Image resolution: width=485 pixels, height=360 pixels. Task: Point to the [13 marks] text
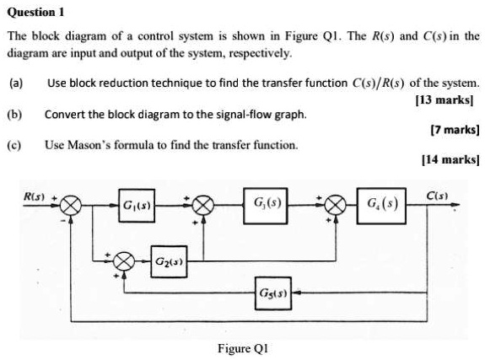click(448, 99)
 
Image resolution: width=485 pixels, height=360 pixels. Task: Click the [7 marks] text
click(454, 130)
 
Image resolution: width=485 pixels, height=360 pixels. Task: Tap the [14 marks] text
click(450, 159)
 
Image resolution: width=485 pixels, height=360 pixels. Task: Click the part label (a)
click(16, 83)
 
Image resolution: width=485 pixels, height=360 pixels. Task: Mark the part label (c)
click(16, 144)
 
